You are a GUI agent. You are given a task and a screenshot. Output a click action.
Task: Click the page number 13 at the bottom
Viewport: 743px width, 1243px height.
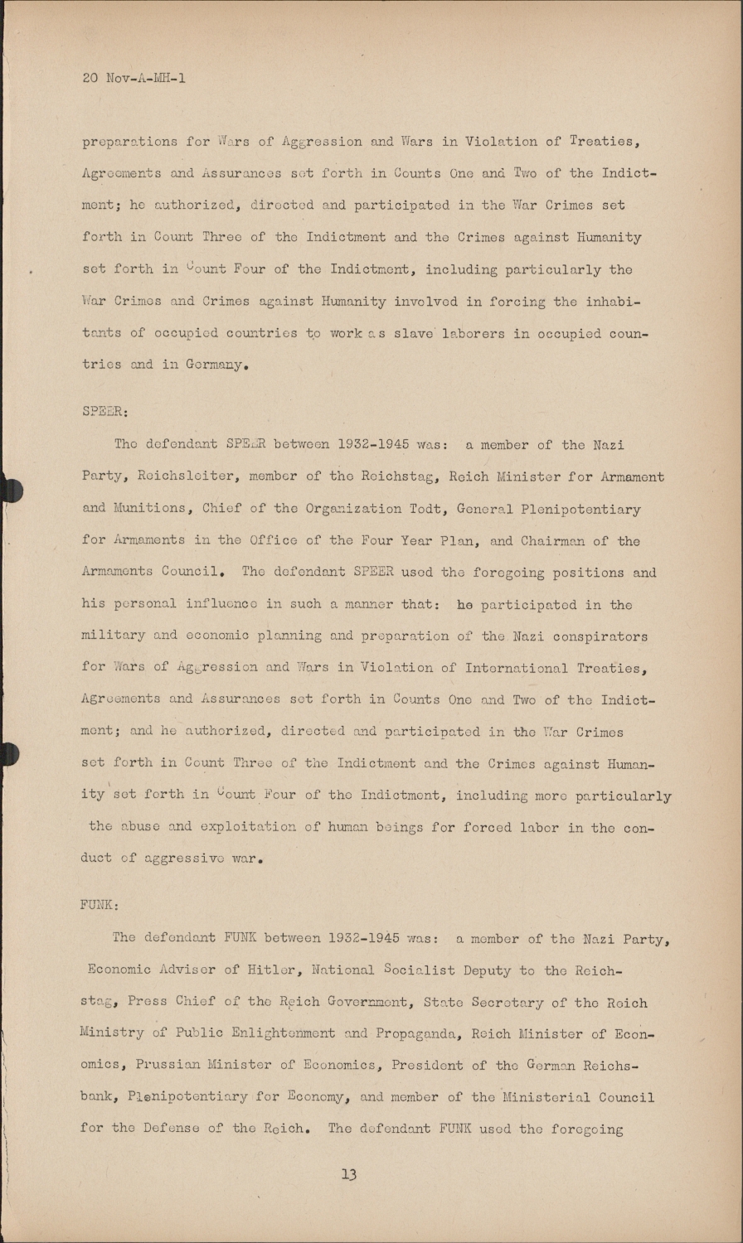348,1174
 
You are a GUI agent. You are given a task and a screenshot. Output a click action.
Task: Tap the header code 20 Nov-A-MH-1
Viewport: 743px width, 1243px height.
134,79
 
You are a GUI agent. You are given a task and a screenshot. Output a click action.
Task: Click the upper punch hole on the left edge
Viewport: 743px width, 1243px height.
10,491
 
